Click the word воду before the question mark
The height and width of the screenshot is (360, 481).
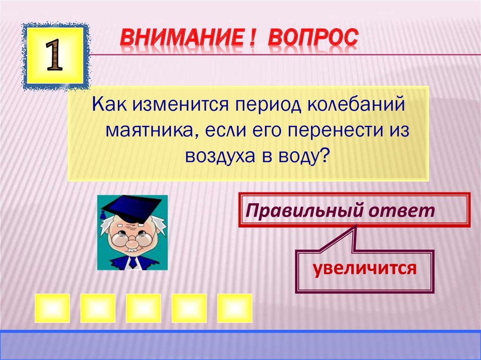[299, 156]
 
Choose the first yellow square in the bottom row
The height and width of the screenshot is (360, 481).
[52, 308]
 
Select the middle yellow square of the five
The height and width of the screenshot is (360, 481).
[143, 308]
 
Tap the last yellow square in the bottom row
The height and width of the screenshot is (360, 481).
[235, 308]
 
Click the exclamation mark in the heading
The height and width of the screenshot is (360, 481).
[252, 38]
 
